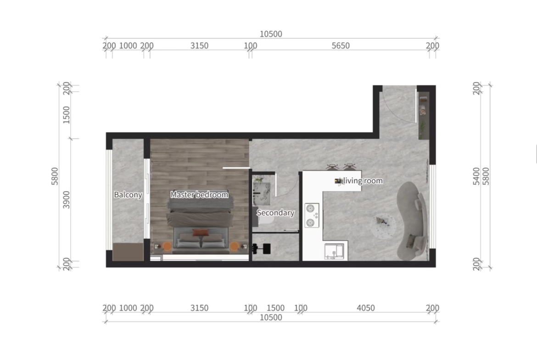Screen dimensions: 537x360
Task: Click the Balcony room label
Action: pyautogui.click(x=128, y=195)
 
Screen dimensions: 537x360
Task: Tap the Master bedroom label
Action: pyautogui.click(x=199, y=195)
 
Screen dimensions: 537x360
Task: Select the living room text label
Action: pyautogui.click(x=363, y=181)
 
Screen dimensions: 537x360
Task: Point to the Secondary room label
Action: pyautogui.click(x=275, y=213)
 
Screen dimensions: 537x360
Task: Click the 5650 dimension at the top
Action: pyautogui.click(x=341, y=46)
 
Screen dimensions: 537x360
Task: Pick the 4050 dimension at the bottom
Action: pyautogui.click(x=366, y=308)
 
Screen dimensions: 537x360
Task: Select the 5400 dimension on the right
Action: pyautogui.click(x=476, y=176)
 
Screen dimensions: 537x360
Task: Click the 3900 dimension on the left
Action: pyautogui.click(x=66, y=199)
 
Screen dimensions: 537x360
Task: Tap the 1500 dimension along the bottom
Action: pyautogui.click(x=275, y=308)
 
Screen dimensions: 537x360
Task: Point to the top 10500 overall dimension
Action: pyautogui.click(x=271, y=34)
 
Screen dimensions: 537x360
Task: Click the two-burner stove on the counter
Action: pyautogui.click(x=312, y=215)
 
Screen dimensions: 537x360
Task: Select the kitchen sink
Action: pyautogui.click(x=334, y=251)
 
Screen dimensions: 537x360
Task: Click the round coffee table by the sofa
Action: pyautogui.click(x=383, y=226)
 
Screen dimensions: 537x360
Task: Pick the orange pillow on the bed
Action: pyautogui.click(x=201, y=233)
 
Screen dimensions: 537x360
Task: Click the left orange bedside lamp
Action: pyautogui.click(x=167, y=246)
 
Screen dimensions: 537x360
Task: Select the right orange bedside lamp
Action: pyautogui.click(x=235, y=246)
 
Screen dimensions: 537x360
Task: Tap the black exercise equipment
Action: pyautogui.click(x=261, y=249)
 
